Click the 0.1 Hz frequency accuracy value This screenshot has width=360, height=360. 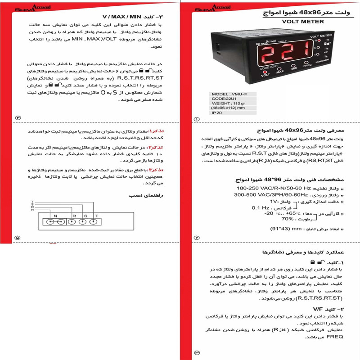[x=261, y=208]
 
